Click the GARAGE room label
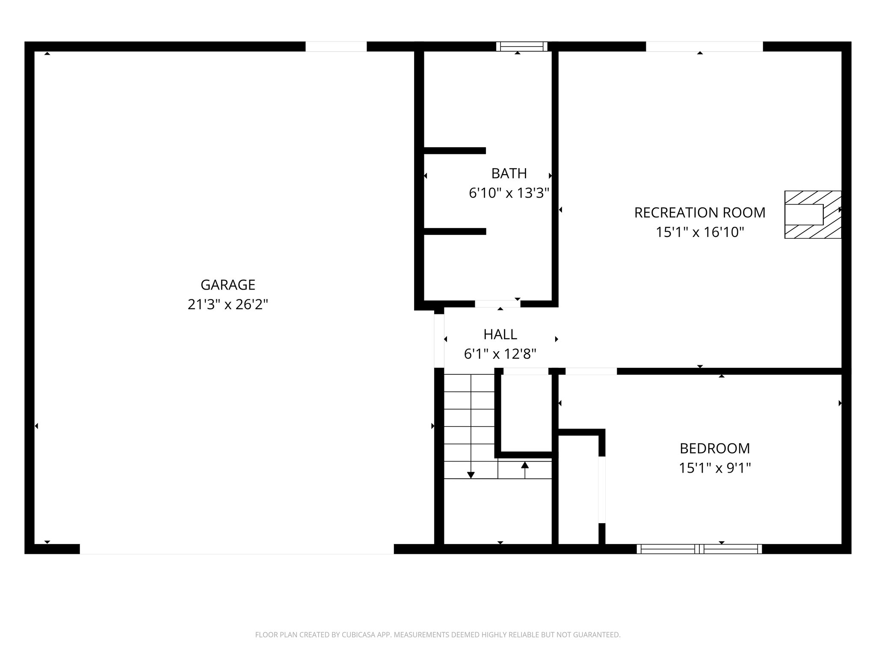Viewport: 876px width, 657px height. pyautogui.click(x=228, y=285)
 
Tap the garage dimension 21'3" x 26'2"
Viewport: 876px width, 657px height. pyautogui.click(x=228, y=305)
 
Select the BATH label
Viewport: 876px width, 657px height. pyautogui.click(x=509, y=174)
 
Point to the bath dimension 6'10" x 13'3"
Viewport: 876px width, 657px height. pyautogui.click(x=509, y=193)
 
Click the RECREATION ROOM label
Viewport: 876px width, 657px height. pyautogui.click(x=699, y=213)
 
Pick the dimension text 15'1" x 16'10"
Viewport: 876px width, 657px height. pyautogui.click(x=700, y=232)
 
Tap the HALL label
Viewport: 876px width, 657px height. pyautogui.click(x=500, y=334)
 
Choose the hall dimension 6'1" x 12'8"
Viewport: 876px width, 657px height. pyautogui.click(x=500, y=354)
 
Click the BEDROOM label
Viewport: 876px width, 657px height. pyautogui.click(x=714, y=448)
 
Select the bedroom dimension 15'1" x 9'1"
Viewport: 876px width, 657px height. pyautogui.click(x=714, y=468)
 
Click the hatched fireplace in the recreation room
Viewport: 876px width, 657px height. pyautogui.click(x=812, y=214)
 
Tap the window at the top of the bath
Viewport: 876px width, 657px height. pyautogui.click(x=521, y=46)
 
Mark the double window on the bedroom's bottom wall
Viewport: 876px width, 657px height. pyautogui.click(x=699, y=549)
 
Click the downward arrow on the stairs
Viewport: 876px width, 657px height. pyautogui.click(x=471, y=475)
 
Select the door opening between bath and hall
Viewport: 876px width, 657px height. pyautogui.click(x=497, y=304)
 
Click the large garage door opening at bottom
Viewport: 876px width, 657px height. pyautogui.click(x=237, y=549)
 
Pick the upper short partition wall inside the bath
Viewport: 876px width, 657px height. pyautogui.click(x=455, y=151)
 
